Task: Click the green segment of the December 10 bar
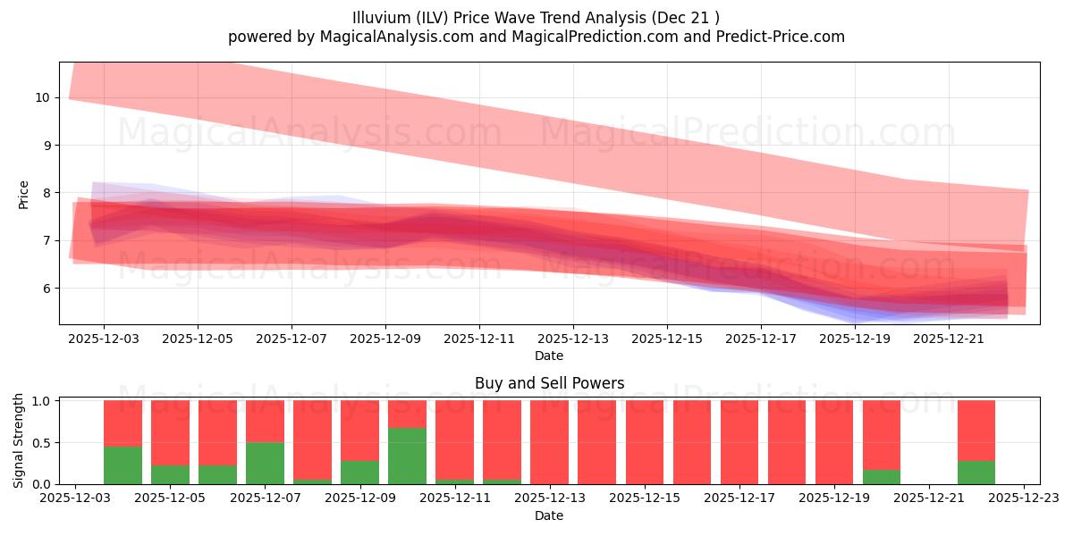pyautogui.click(x=407, y=456)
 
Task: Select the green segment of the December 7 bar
pyautogui.click(x=265, y=463)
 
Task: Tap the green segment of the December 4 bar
pyautogui.click(x=123, y=465)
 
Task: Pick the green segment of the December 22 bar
pyautogui.click(x=976, y=473)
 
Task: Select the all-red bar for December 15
pyautogui.click(x=645, y=442)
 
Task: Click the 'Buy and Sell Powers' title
pyautogui.click(x=549, y=384)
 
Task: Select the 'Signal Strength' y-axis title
pyautogui.click(x=20, y=441)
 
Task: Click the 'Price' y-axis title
pyautogui.click(x=23, y=195)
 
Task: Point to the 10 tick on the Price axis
pyautogui.click(x=41, y=97)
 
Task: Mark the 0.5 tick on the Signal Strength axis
pyautogui.click(x=41, y=443)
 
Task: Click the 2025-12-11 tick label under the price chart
pyautogui.click(x=479, y=339)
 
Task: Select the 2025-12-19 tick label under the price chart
pyautogui.click(x=855, y=339)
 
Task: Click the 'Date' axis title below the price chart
pyautogui.click(x=549, y=356)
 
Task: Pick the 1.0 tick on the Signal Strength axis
pyautogui.click(x=41, y=401)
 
